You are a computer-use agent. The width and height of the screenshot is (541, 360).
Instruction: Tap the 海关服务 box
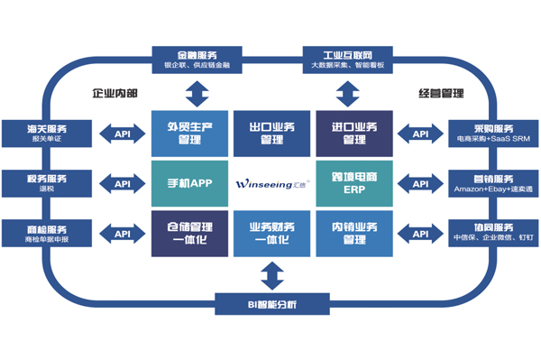point(45,134)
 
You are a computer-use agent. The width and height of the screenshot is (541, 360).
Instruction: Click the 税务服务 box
point(45,184)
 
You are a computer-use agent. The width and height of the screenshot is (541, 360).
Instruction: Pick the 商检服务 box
point(45,234)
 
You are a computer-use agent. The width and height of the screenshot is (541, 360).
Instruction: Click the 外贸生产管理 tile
point(189,134)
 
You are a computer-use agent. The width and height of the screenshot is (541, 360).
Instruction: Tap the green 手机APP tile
point(189,183)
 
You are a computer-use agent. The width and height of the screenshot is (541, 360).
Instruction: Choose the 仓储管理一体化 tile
point(189,233)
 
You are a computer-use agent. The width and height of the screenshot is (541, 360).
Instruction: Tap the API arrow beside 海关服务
point(122,134)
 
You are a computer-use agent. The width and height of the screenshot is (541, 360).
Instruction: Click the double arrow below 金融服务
point(196,91)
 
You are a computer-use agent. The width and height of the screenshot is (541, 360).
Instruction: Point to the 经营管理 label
point(440,93)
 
